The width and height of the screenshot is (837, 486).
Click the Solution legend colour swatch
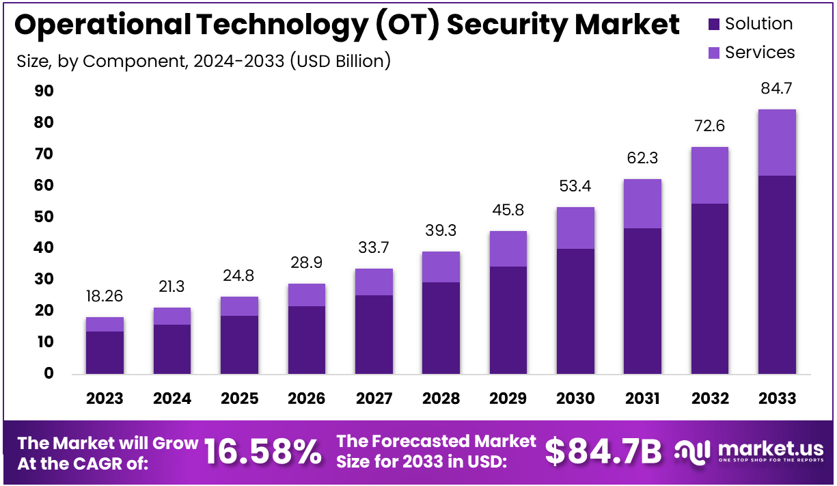click(714, 25)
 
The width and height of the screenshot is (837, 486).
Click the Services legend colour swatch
click(714, 53)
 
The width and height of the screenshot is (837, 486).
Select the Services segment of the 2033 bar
click(777, 142)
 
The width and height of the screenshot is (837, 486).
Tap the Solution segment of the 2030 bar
click(575, 311)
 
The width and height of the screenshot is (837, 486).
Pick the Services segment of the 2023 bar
click(105, 324)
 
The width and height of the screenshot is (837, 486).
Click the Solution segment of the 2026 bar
click(306, 340)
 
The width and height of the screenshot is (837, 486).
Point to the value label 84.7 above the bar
click(777, 88)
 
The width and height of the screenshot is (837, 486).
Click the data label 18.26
click(105, 296)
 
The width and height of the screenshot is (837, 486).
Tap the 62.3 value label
click(642, 159)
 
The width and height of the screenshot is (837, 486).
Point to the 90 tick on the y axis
click(44, 92)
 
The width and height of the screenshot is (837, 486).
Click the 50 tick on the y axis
click(44, 217)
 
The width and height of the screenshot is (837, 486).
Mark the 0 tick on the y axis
click(49, 373)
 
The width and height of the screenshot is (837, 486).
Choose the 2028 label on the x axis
click(441, 399)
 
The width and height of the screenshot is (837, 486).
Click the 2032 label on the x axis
click(709, 399)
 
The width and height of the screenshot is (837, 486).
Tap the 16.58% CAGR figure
click(262, 452)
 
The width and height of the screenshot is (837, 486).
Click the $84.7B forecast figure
click(603, 452)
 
